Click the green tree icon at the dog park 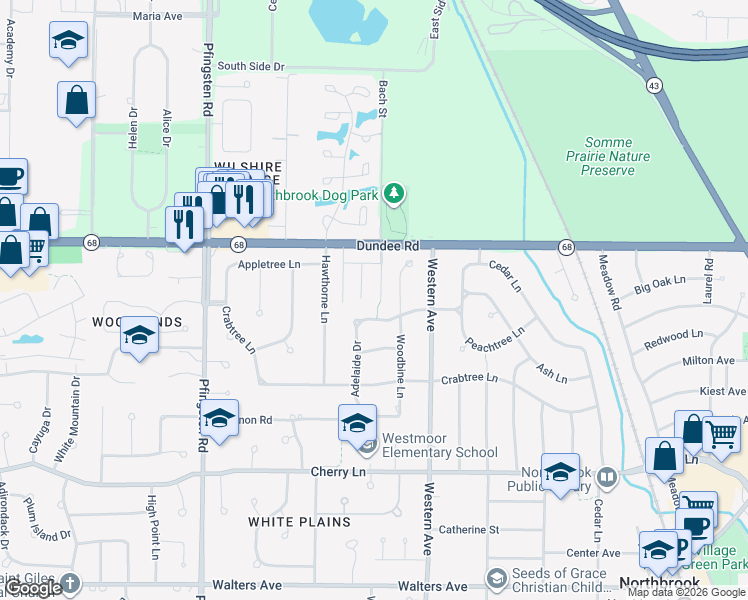[x=395, y=191]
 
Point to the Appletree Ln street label [x=270, y=264]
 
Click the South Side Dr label [x=251, y=67]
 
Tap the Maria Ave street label [x=157, y=16]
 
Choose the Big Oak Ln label [x=660, y=287]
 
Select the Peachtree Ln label [x=495, y=338]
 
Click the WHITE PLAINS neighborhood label [x=299, y=522]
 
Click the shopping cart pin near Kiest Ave [x=721, y=434]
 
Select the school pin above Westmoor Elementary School [x=356, y=422]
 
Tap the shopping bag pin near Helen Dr [x=76, y=100]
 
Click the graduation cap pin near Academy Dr [x=68, y=41]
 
